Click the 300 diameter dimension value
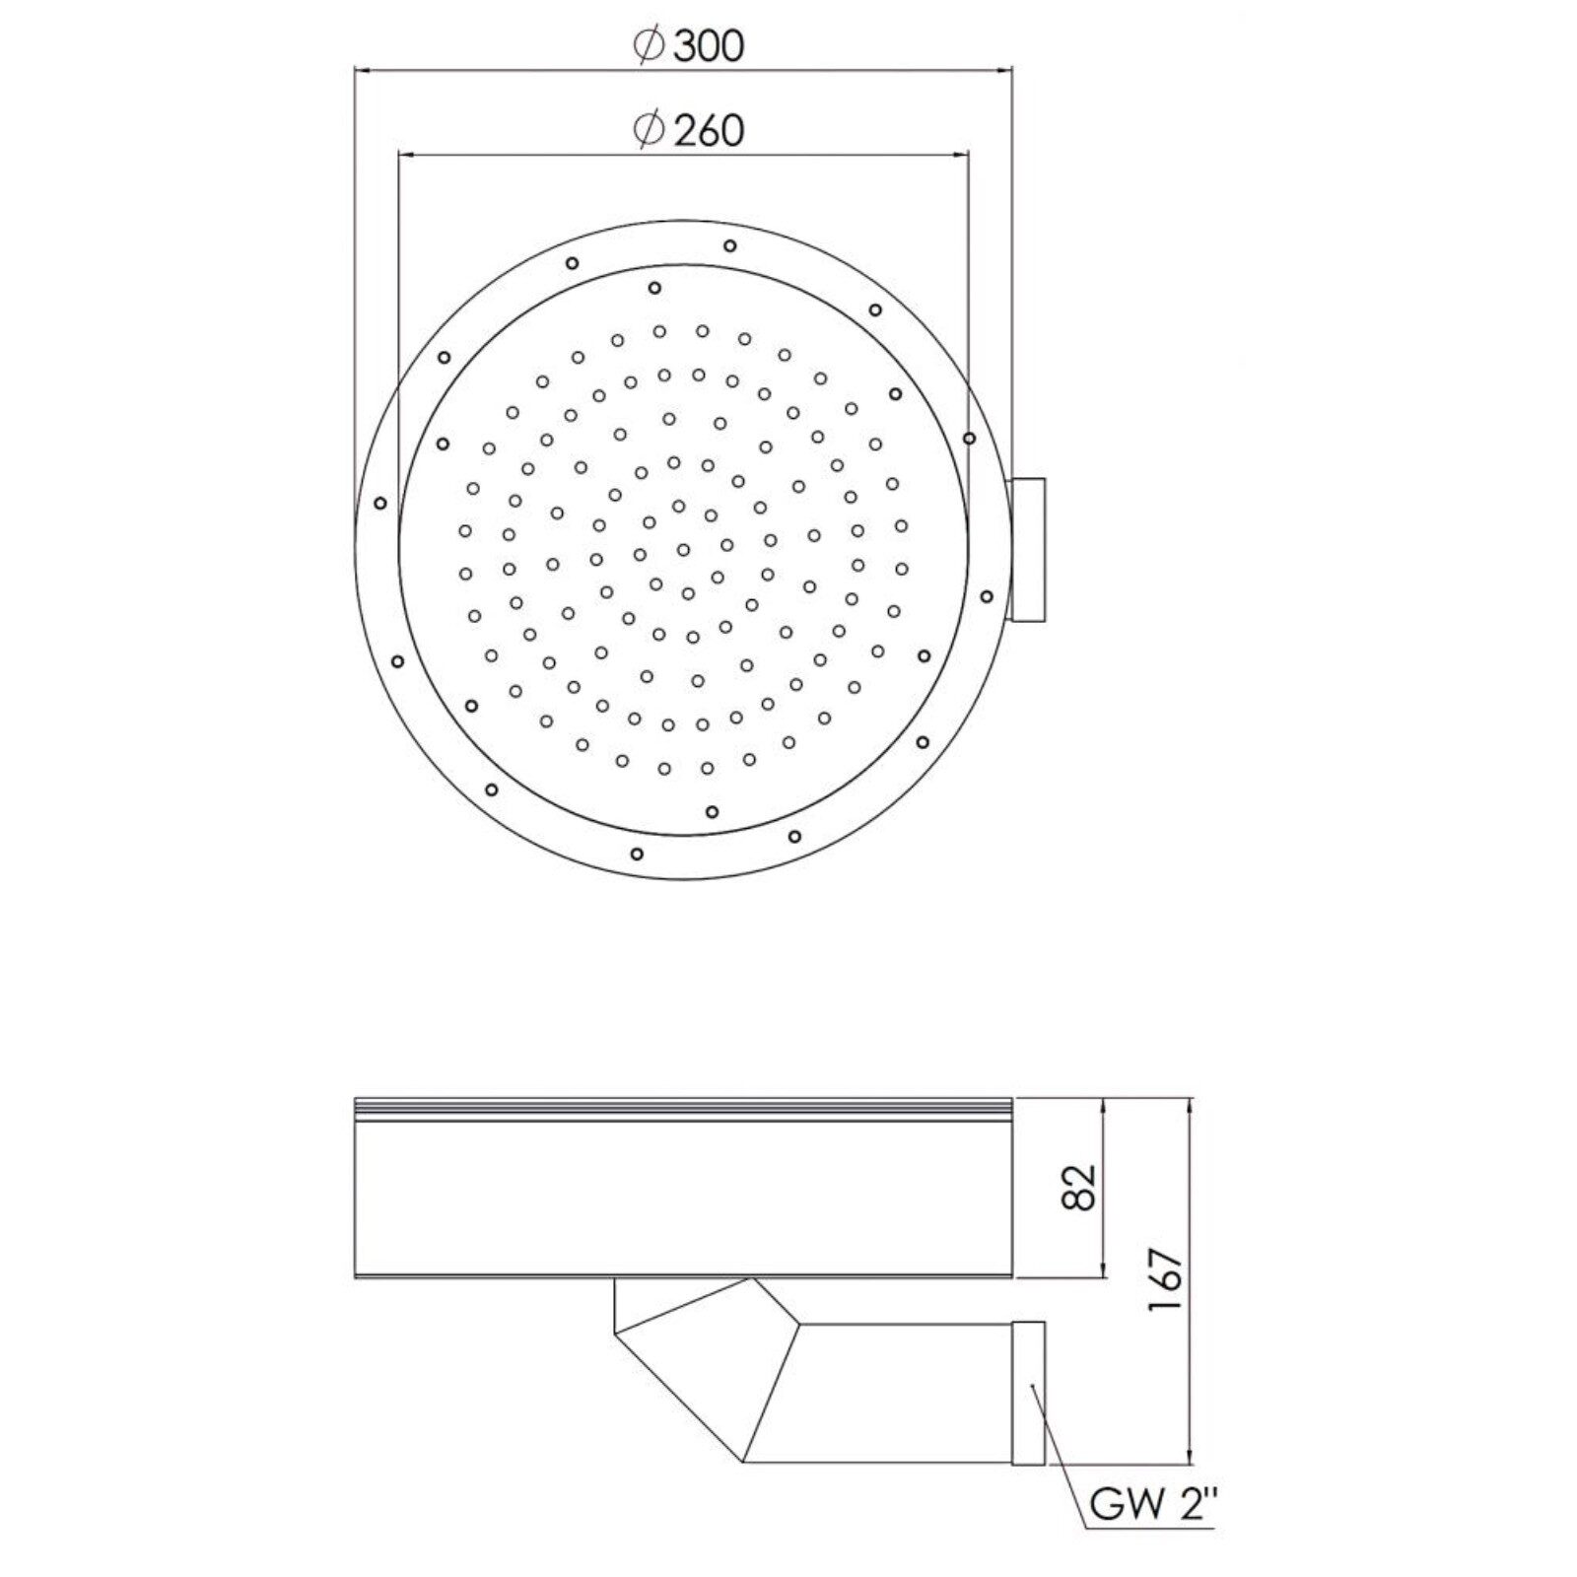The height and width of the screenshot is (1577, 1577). (x=709, y=46)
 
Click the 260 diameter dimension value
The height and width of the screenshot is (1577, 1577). (x=709, y=130)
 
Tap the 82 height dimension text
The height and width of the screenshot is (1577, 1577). (x=1080, y=1187)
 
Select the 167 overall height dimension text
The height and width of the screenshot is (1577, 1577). (x=1164, y=1278)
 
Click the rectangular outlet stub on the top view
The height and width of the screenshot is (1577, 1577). (x=1028, y=550)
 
